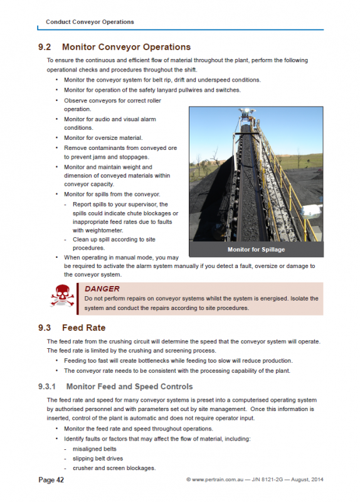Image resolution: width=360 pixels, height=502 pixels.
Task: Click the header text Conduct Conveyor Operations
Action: point(90,21)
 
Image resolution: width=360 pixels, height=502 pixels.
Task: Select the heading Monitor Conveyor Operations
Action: point(126,47)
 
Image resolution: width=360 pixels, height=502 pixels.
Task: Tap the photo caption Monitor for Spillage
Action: point(256,250)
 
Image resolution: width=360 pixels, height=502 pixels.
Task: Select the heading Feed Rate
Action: point(83,328)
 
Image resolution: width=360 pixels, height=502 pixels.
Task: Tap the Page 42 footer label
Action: point(51,480)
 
